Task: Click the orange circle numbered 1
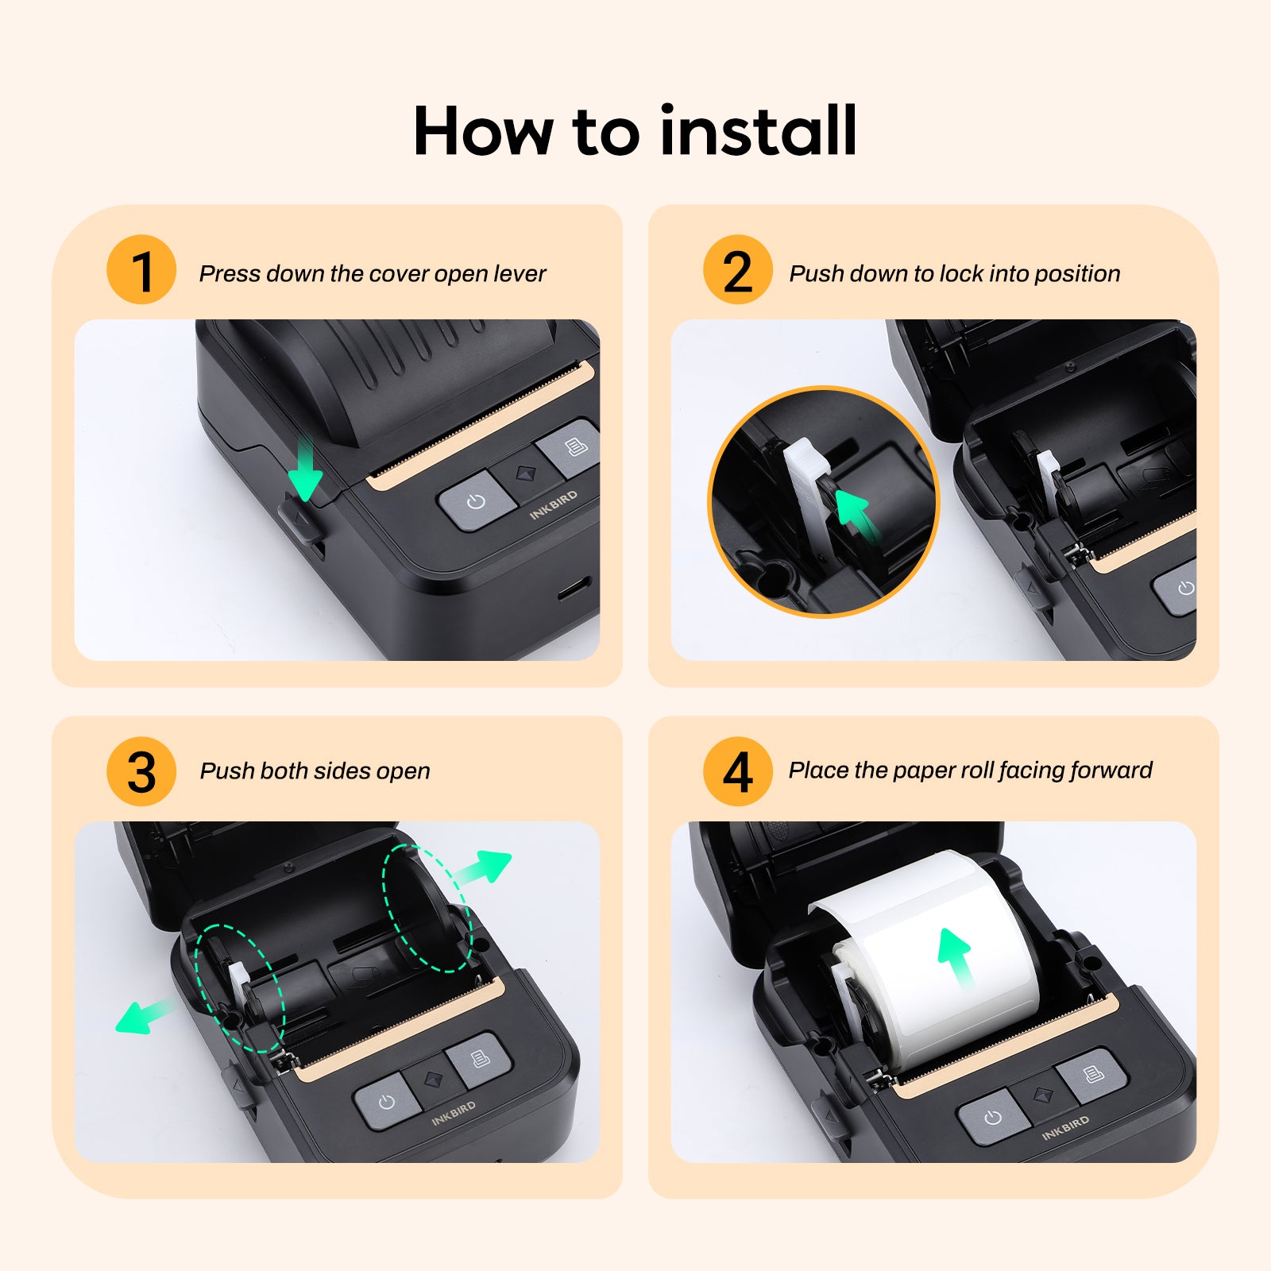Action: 141,270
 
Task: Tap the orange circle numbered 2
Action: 737,270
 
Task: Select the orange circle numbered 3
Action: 141,771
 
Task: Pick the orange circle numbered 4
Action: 737,771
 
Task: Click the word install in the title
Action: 758,131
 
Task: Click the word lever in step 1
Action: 520,274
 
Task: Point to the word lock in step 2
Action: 960,274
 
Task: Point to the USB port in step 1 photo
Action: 574,589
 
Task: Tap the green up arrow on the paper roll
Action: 956,956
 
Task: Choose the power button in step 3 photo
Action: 387,1103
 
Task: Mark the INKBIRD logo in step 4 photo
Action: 1065,1127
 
